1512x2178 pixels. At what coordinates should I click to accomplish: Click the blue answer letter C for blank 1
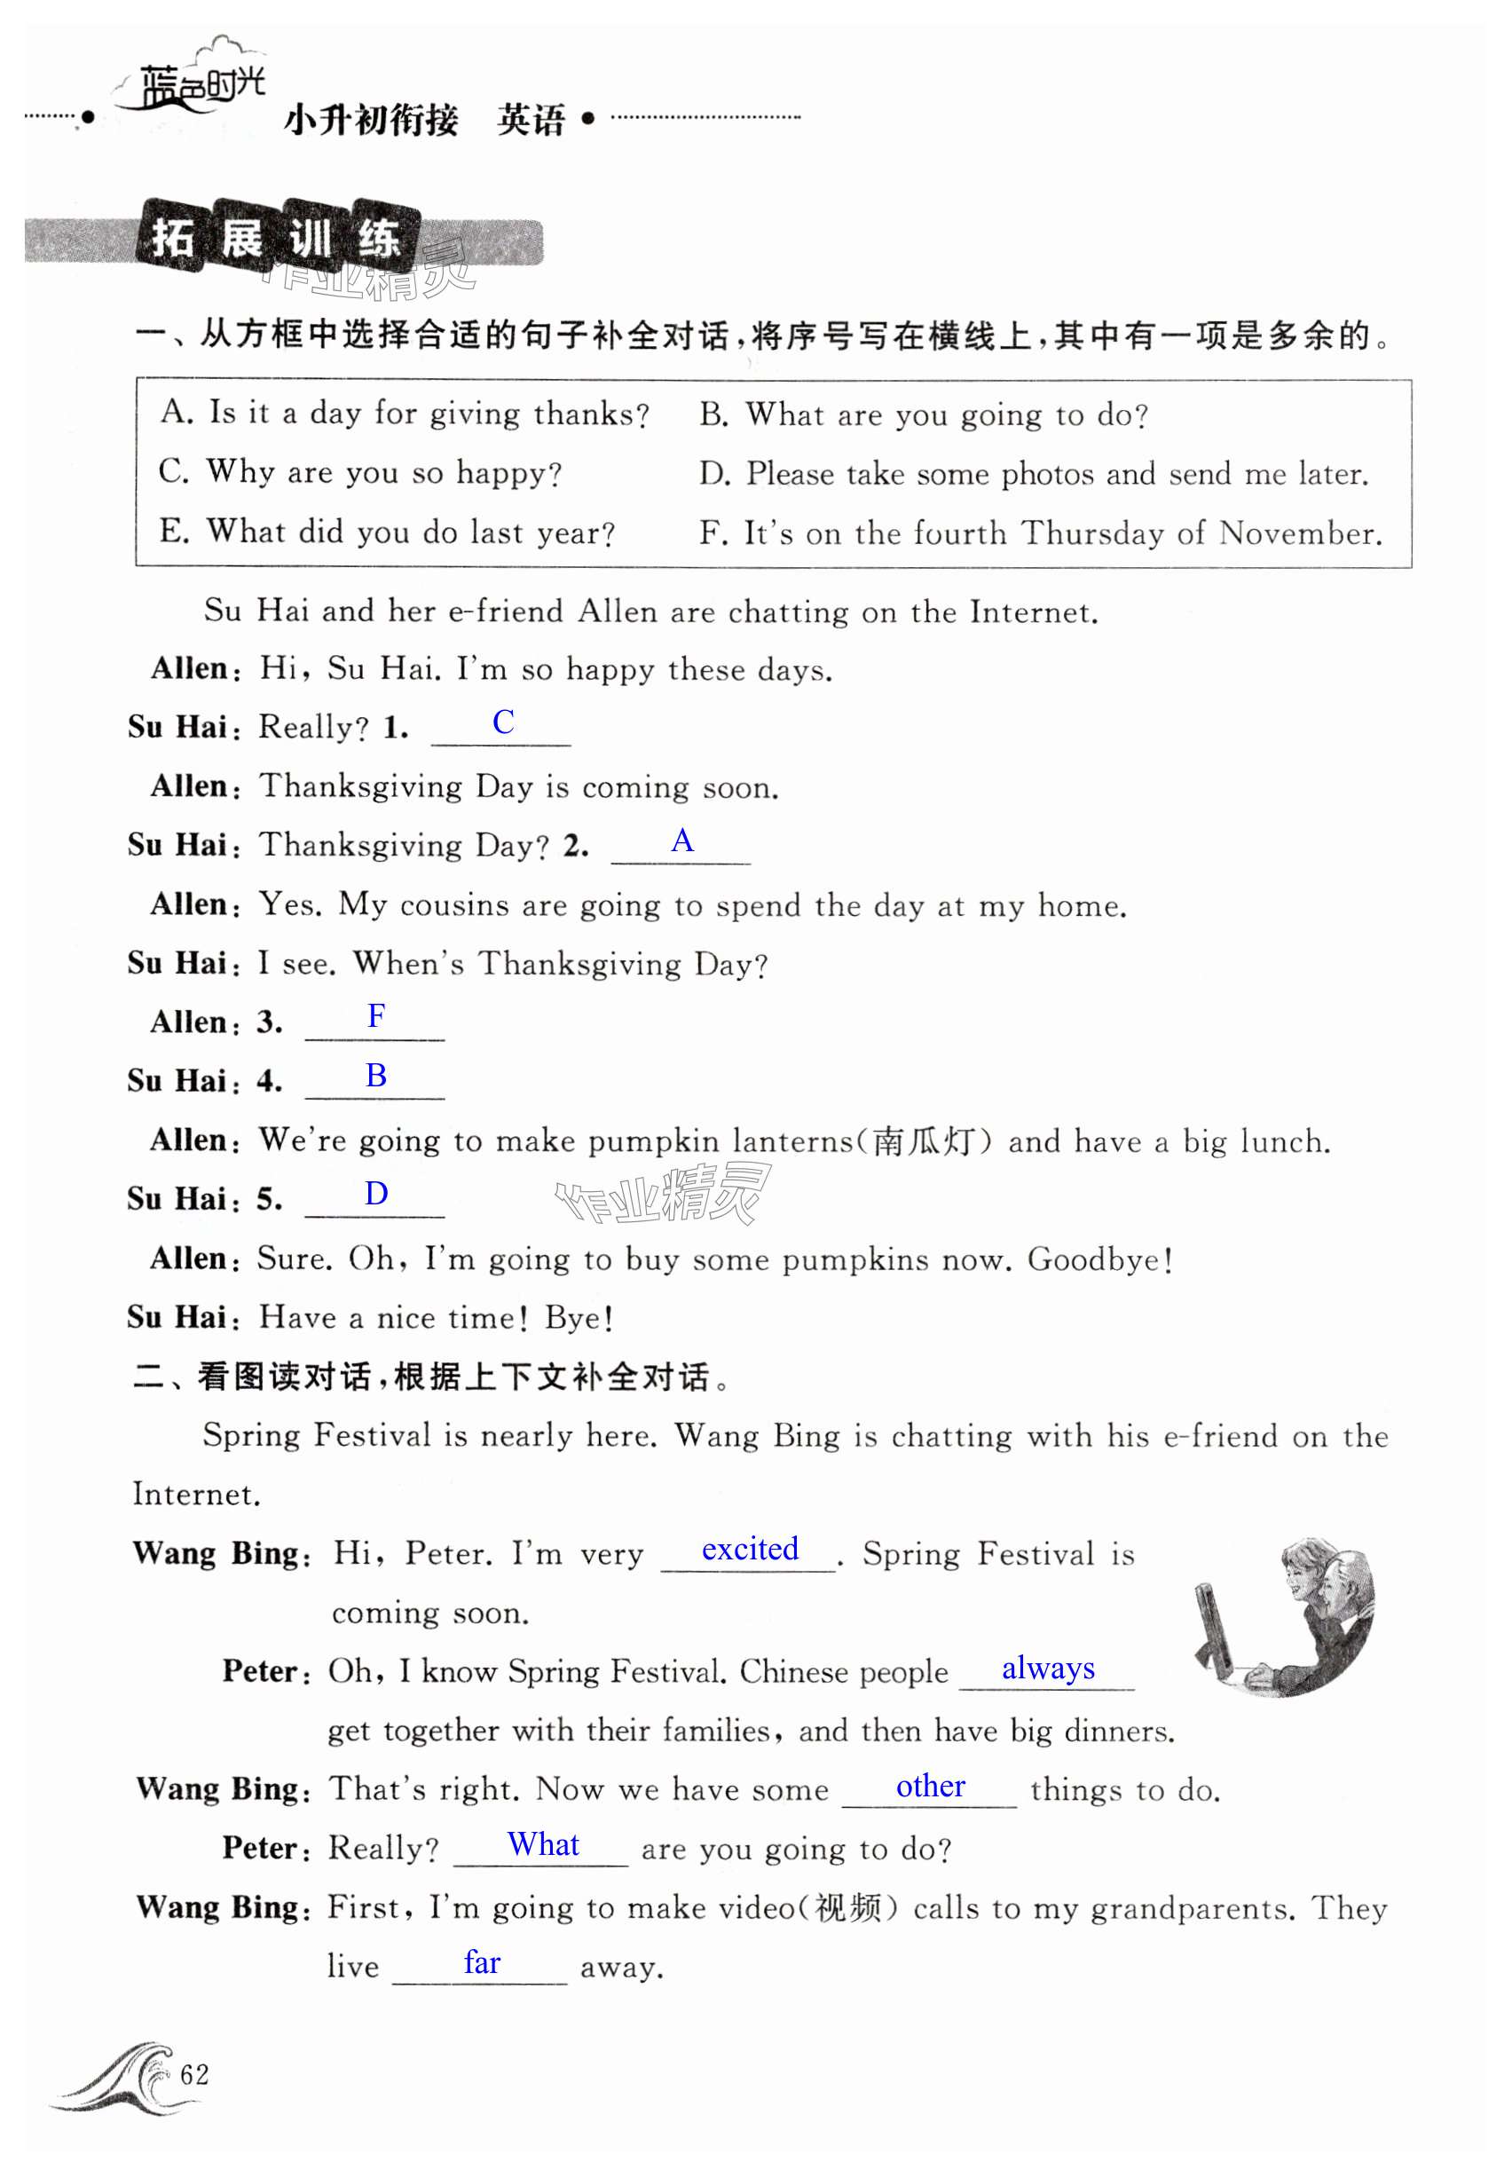tap(503, 722)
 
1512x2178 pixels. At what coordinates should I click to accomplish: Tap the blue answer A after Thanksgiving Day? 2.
tap(682, 840)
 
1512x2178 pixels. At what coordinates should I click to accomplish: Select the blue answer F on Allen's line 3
tap(376, 1016)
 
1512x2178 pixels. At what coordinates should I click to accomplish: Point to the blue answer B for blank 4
tap(376, 1076)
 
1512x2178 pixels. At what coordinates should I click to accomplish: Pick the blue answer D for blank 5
tap(376, 1194)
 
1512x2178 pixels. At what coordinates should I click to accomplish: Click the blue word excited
tap(750, 1549)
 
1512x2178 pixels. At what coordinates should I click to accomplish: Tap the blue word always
tap(1048, 1668)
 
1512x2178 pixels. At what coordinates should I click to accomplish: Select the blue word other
tap(930, 1786)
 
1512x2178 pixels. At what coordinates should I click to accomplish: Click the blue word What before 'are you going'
tap(543, 1844)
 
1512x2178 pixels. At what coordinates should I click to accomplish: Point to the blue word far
tap(481, 1962)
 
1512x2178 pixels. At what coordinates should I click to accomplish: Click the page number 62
tap(194, 2075)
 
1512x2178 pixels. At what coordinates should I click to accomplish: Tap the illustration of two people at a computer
tap(1287, 1618)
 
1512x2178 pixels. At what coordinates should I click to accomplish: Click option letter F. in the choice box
tap(713, 533)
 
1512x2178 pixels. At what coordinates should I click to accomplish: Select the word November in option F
tap(1300, 533)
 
